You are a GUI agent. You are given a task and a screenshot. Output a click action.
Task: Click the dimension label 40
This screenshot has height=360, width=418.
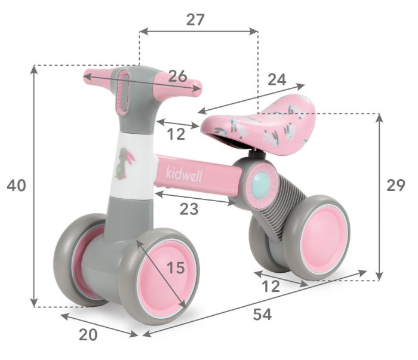click(17, 186)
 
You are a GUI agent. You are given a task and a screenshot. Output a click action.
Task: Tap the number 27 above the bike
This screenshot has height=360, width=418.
click(195, 20)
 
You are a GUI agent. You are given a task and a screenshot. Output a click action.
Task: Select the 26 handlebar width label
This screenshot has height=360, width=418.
click(177, 76)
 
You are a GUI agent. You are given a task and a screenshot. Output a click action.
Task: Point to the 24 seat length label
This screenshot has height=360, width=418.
click(276, 79)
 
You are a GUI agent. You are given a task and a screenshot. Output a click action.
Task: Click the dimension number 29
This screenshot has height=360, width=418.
click(396, 186)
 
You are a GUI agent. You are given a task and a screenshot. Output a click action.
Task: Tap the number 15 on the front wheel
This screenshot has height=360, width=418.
click(176, 268)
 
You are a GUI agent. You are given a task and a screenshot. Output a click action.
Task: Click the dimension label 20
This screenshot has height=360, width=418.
click(88, 335)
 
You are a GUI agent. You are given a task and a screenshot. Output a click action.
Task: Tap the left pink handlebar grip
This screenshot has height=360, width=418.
click(99, 76)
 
